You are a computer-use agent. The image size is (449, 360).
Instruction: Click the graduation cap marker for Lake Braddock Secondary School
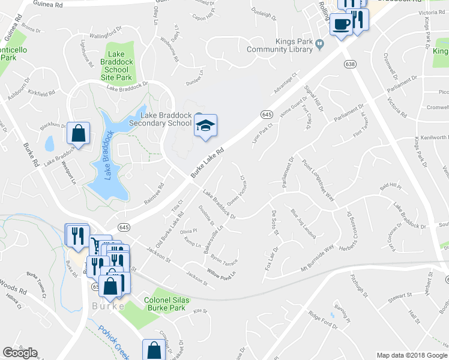tap(205, 125)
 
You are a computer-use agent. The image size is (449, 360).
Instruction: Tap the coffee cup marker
tap(342, 25)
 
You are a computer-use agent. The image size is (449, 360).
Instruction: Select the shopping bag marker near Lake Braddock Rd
tap(79, 133)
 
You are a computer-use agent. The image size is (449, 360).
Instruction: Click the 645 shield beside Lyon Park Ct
tap(267, 114)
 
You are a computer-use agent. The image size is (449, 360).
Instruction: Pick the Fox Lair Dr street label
tap(271, 258)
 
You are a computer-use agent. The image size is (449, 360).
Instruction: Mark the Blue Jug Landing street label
tap(303, 223)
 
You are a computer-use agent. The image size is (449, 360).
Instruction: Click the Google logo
tap(20, 353)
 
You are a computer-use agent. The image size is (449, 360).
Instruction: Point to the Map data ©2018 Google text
tap(411, 355)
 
